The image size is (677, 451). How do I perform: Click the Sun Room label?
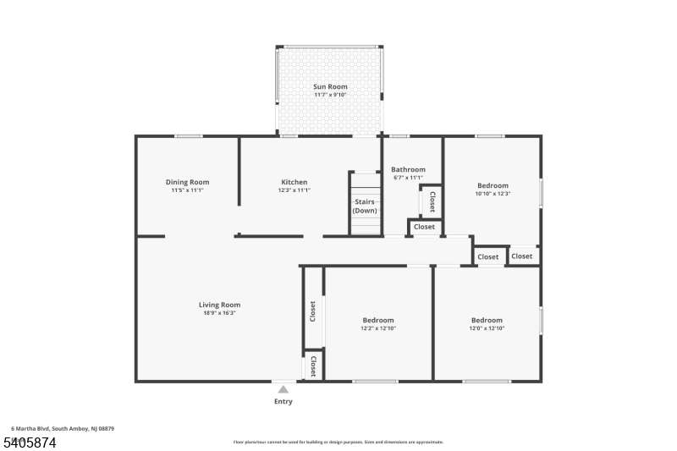point(330,86)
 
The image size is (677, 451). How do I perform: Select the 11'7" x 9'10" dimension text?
point(330,95)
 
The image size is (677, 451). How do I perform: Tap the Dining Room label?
point(187,182)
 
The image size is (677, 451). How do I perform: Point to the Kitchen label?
point(294,182)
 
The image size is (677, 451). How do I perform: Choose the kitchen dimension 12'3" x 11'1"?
point(294,190)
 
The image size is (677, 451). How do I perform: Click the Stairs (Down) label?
point(365,206)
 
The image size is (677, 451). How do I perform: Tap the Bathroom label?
point(408,169)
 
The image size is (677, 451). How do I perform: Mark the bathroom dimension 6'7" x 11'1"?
point(408,178)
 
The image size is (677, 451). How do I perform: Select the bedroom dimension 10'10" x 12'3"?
point(493,194)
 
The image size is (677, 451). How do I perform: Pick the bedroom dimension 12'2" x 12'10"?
point(378,328)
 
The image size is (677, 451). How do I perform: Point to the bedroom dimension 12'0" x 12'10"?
point(487,328)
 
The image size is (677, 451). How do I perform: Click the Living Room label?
point(219,305)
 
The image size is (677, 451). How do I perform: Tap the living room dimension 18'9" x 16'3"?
point(219,313)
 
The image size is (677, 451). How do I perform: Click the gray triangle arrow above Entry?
point(283,389)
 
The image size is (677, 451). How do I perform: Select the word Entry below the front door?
point(283,401)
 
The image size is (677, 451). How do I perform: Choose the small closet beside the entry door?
point(313,366)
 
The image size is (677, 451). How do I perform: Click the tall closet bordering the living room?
point(313,311)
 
